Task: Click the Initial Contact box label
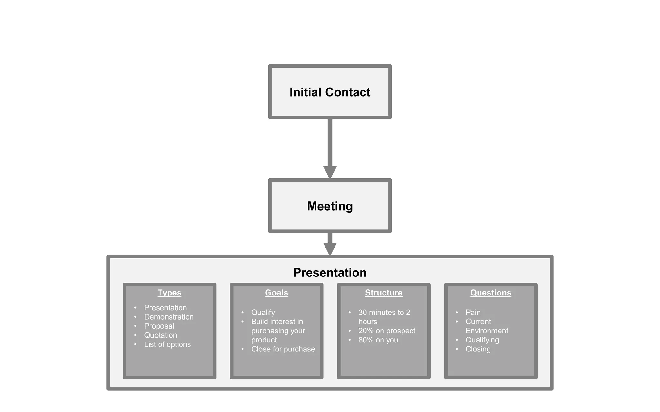pyautogui.click(x=330, y=92)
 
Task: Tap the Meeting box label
pyautogui.click(x=330, y=206)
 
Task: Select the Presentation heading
pyautogui.click(x=330, y=273)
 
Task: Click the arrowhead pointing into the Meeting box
pyautogui.click(x=330, y=172)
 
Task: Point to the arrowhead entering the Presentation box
pyautogui.click(x=330, y=248)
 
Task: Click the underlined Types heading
pyautogui.click(x=169, y=293)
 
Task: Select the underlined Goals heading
pyautogui.click(x=276, y=293)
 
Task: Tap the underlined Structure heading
pyautogui.click(x=383, y=293)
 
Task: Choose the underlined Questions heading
pyautogui.click(x=490, y=293)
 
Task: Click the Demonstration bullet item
pyautogui.click(x=169, y=317)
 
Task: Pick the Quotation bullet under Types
pyautogui.click(x=160, y=335)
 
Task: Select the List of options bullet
pyautogui.click(x=167, y=344)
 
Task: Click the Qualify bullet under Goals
pyautogui.click(x=263, y=313)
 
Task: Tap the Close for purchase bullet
pyautogui.click(x=283, y=349)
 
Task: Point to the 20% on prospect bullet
pyautogui.click(x=387, y=331)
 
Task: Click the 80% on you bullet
pyautogui.click(x=378, y=340)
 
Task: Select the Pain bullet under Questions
pyautogui.click(x=473, y=313)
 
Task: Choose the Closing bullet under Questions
pyautogui.click(x=478, y=349)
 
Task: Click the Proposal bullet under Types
pyautogui.click(x=159, y=326)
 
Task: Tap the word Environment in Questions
pyautogui.click(x=487, y=331)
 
